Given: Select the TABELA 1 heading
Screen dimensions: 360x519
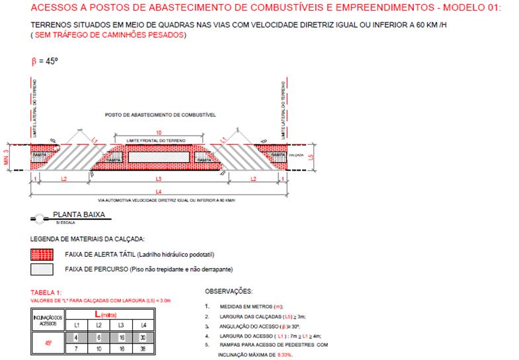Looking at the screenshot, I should (x=48, y=292).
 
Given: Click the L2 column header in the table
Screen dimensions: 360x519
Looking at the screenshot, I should (x=98, y=324).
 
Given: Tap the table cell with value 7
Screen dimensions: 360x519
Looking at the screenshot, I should (x=76, y=349).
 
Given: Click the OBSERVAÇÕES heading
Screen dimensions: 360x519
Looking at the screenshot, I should (x=229, y=291).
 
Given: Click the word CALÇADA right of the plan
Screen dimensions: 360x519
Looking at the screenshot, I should (x=296, y=155).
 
